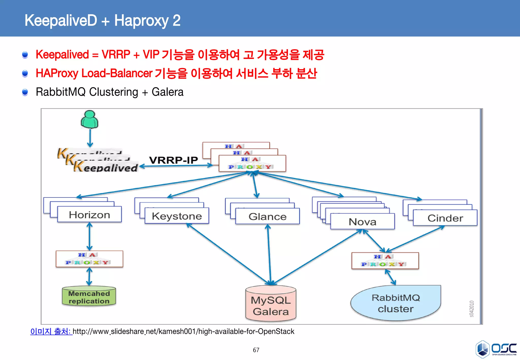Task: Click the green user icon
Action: pos(89,119)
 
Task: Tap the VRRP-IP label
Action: pos(173,160)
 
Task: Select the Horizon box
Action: pos(89,215)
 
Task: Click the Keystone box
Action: pos(177,216)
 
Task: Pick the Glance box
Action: pos(267,217)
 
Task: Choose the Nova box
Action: pos(362,222)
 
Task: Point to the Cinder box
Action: pos(445,218)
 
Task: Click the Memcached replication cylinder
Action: pos(89,297)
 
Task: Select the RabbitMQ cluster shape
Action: pos(396,303)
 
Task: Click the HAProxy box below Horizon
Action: pos(89,259)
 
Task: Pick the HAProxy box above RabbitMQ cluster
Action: pos(385,261)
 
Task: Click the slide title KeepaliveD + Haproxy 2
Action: pos(102,20)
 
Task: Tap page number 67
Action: pos(256,350)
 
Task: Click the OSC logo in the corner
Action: pos(496,349)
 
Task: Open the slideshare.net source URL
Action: pos(183,331)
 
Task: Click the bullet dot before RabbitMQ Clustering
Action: pos(25,92)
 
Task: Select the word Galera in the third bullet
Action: pos(167,92)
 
